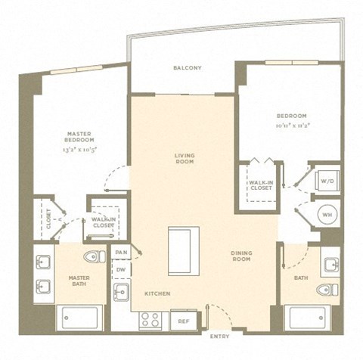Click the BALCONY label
tap(187, 68)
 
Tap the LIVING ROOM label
tap(184, 158)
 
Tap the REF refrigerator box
tap(184, 320)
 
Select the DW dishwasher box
tap(120, 269)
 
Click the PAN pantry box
tap(120, 252)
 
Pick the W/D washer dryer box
tap(327, 182)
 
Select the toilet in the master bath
tap(96, 256)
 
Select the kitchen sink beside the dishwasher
tap(121, 292)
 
